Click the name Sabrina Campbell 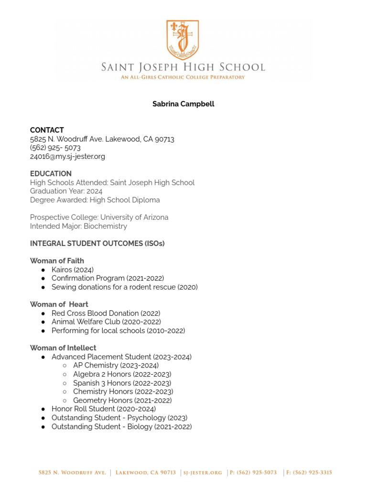[183, 104]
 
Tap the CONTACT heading [47, 130]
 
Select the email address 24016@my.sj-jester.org [67, 156]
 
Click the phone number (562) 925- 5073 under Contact [55, 148]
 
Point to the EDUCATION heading [51, 174]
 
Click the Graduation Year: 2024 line [66, 191]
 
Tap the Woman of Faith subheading [57, 261]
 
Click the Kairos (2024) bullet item [73, 269]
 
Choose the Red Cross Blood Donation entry [106, 313]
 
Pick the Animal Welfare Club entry [106, 322]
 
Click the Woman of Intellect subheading [63, 348]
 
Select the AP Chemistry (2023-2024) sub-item [116, 365]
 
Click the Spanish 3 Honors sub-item [122, 383]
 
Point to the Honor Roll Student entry [103, 409]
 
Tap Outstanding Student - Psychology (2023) [119, 418]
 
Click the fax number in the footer [309, 473]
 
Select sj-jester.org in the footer [203, 473]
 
